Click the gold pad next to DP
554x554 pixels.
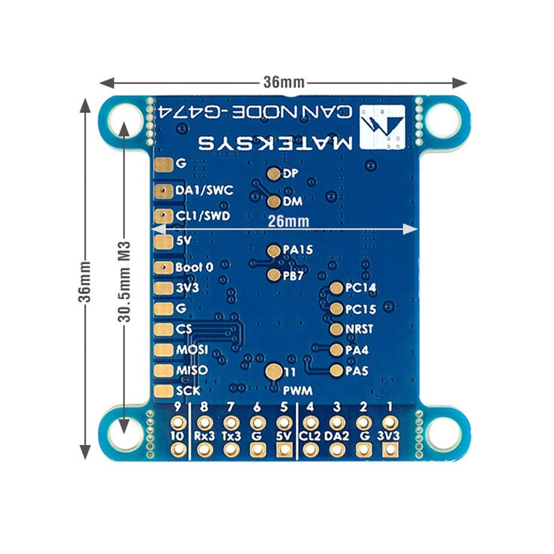tap(274, 174)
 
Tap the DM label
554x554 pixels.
tap(292, 201)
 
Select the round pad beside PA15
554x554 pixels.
tap(274, 250)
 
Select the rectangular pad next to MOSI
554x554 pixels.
tap(164, 350)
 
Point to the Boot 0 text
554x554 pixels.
tap(194, 267)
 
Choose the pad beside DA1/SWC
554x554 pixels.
tap(164, 191)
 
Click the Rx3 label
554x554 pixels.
tap(204, 435)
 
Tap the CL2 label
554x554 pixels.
tap(310, 435)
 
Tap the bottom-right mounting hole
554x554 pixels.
tap(443, 433)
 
